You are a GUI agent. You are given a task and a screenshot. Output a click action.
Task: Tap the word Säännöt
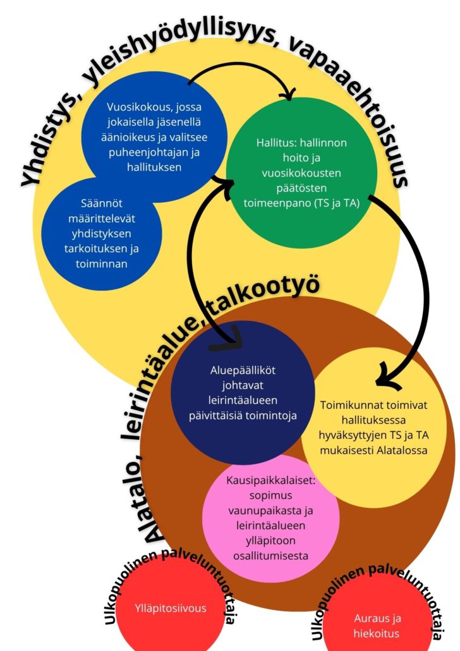point(99,204)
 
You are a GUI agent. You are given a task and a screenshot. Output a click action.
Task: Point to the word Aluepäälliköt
point(242,372)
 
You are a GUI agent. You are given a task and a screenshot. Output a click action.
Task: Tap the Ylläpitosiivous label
point(170,609)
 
